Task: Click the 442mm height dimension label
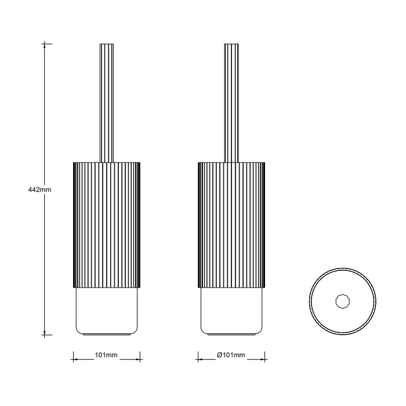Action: point(39,190)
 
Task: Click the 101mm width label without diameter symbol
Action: point(106,355)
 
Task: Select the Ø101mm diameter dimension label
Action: point(231,355)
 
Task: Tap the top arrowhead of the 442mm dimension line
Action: point(45,46)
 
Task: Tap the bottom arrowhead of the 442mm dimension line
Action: point(45,333)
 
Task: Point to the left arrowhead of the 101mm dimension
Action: point(75,360)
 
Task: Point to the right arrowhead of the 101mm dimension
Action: point(138,360)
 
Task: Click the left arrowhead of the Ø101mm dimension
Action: point(201,360)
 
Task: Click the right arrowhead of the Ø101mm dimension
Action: point(263,360)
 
